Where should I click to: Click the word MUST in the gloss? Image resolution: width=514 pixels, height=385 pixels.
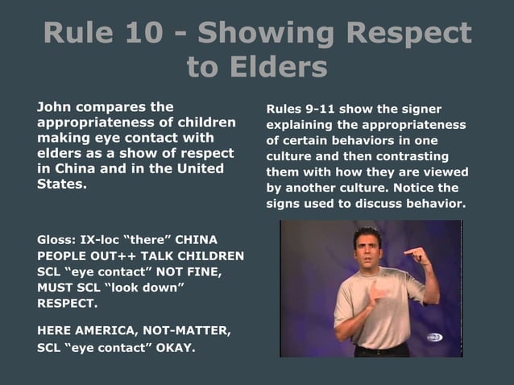[55, 288]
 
